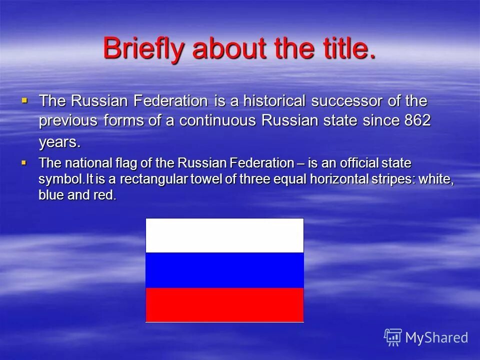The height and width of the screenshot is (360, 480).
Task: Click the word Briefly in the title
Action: (143, 48)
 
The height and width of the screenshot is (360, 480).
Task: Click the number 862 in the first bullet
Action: (417, 120)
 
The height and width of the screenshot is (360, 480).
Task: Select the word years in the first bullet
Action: (59, 143)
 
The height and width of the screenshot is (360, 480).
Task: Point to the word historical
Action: (274, 100)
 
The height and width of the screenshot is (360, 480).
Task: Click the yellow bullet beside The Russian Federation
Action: (24, 100)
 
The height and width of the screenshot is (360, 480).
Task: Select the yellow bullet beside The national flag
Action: (24, 162)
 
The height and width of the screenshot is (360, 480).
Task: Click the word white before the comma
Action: (434, 179)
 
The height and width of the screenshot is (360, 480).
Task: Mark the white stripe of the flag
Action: (224, 235)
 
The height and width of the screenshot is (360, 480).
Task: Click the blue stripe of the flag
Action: (224, 270)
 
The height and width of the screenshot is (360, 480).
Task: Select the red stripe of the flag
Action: (224, 305)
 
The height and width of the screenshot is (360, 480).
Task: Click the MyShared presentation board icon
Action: (393, 337)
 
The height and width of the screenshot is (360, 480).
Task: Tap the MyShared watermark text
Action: (436, 338)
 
